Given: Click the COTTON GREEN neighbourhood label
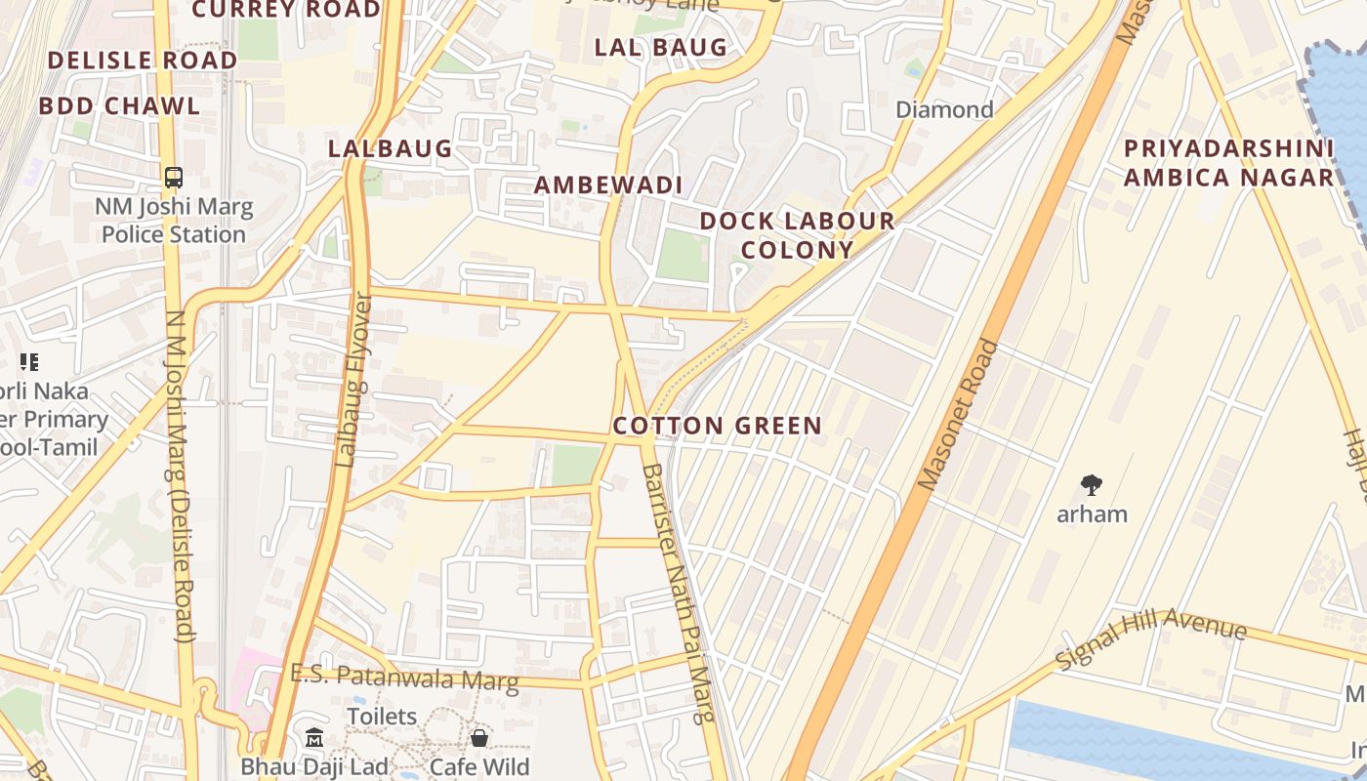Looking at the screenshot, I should point(717,426).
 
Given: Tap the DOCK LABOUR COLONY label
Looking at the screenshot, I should point(797,235).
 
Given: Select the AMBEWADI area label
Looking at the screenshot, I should point(607,185).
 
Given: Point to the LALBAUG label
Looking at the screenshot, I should point(390,148).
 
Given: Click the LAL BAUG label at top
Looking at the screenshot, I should point(661,47).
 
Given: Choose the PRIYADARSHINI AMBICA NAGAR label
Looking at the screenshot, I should point(1227,163).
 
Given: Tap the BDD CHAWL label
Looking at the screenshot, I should point(119,105).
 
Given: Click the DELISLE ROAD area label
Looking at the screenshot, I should point(142,60).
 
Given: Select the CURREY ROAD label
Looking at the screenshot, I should point(286,10).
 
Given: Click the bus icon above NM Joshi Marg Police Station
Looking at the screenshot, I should point(174,178).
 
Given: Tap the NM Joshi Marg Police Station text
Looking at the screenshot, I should point(174,221).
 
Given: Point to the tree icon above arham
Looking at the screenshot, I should point(1092,484).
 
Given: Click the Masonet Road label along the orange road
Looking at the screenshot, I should point(960,414).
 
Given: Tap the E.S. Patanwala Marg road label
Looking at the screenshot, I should point(404,678).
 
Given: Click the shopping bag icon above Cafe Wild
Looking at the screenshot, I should point(478,738).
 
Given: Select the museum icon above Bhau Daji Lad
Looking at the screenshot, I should point(314,738).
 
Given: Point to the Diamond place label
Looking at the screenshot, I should point(944,109).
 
